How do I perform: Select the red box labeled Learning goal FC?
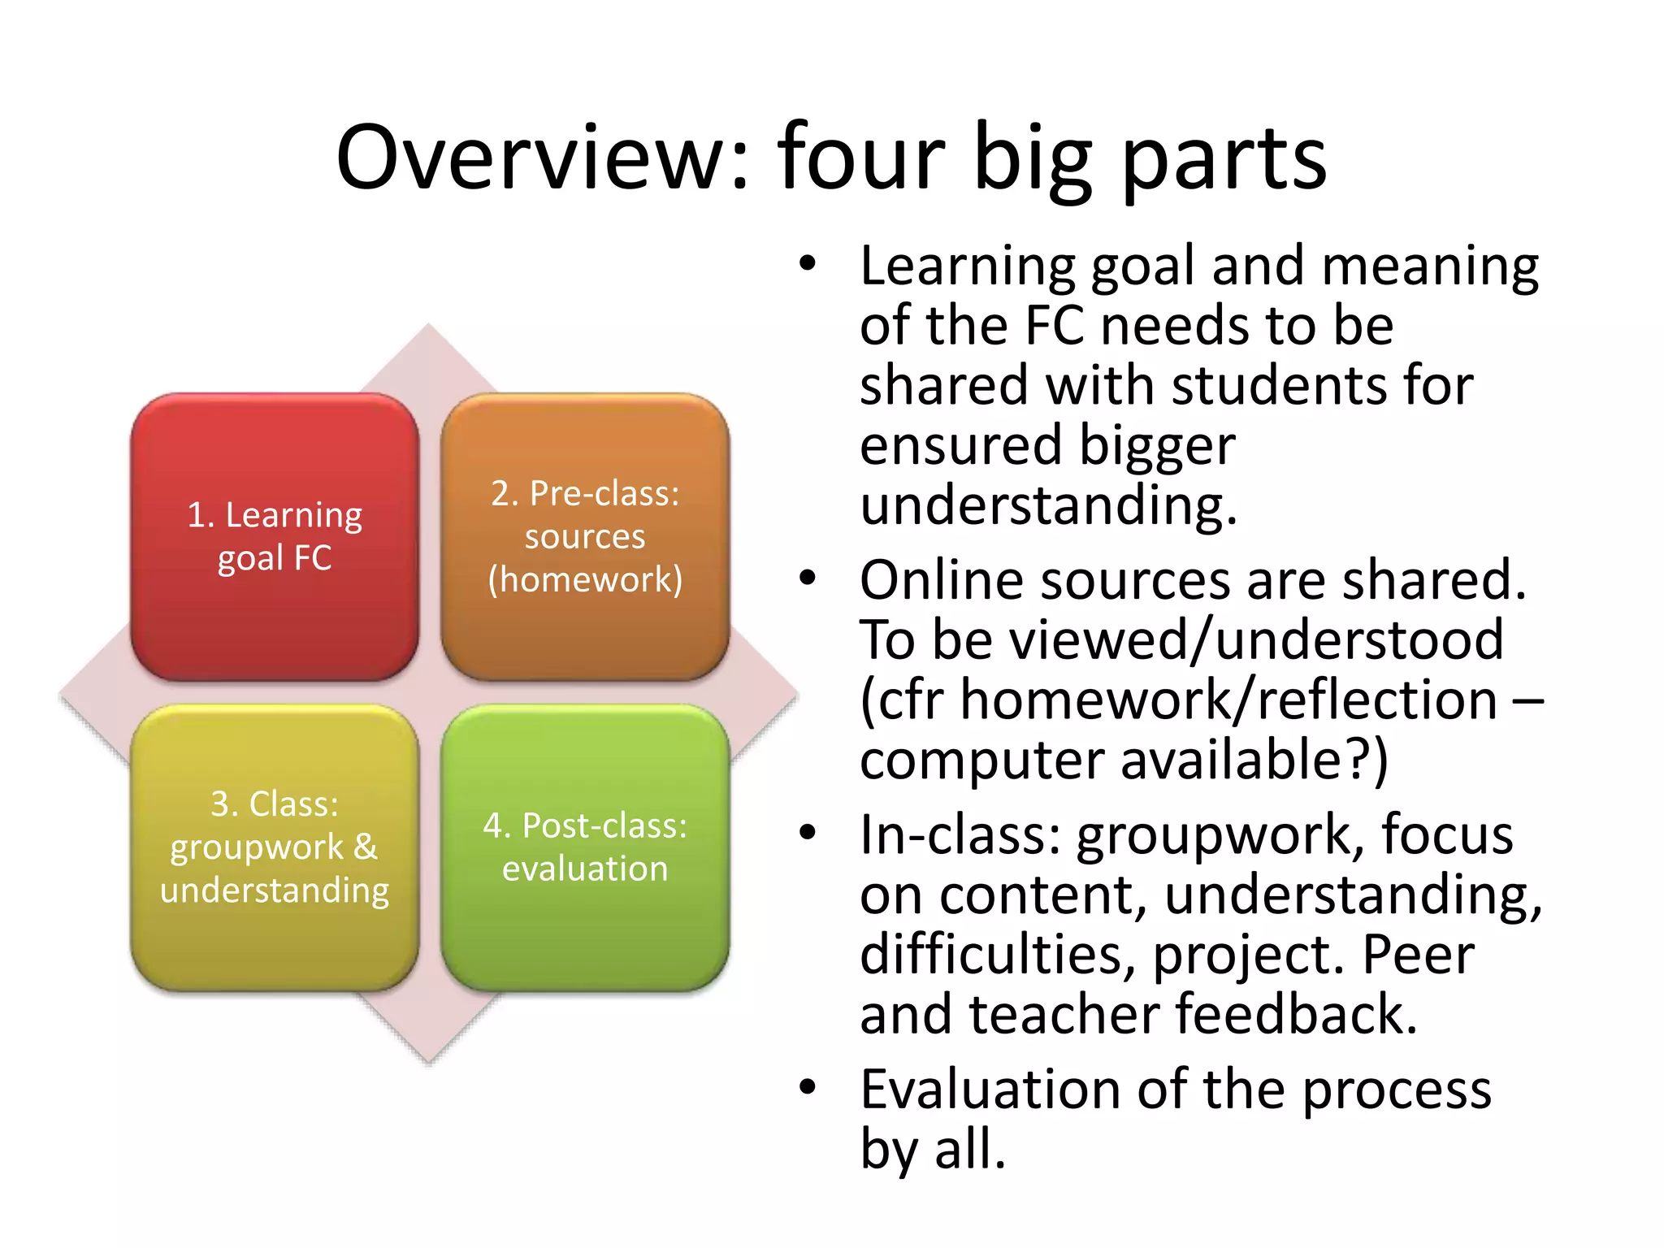[275, 537]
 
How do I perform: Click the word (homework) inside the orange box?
[585, 580]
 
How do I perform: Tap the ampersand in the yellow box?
[366, 847]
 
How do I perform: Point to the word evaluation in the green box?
[585, 869]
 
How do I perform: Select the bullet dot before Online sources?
[807, 578]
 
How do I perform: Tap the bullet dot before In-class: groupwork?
[807, 833]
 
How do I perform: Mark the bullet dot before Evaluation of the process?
[807, 1087]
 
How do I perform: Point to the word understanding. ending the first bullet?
[1048, 505]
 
